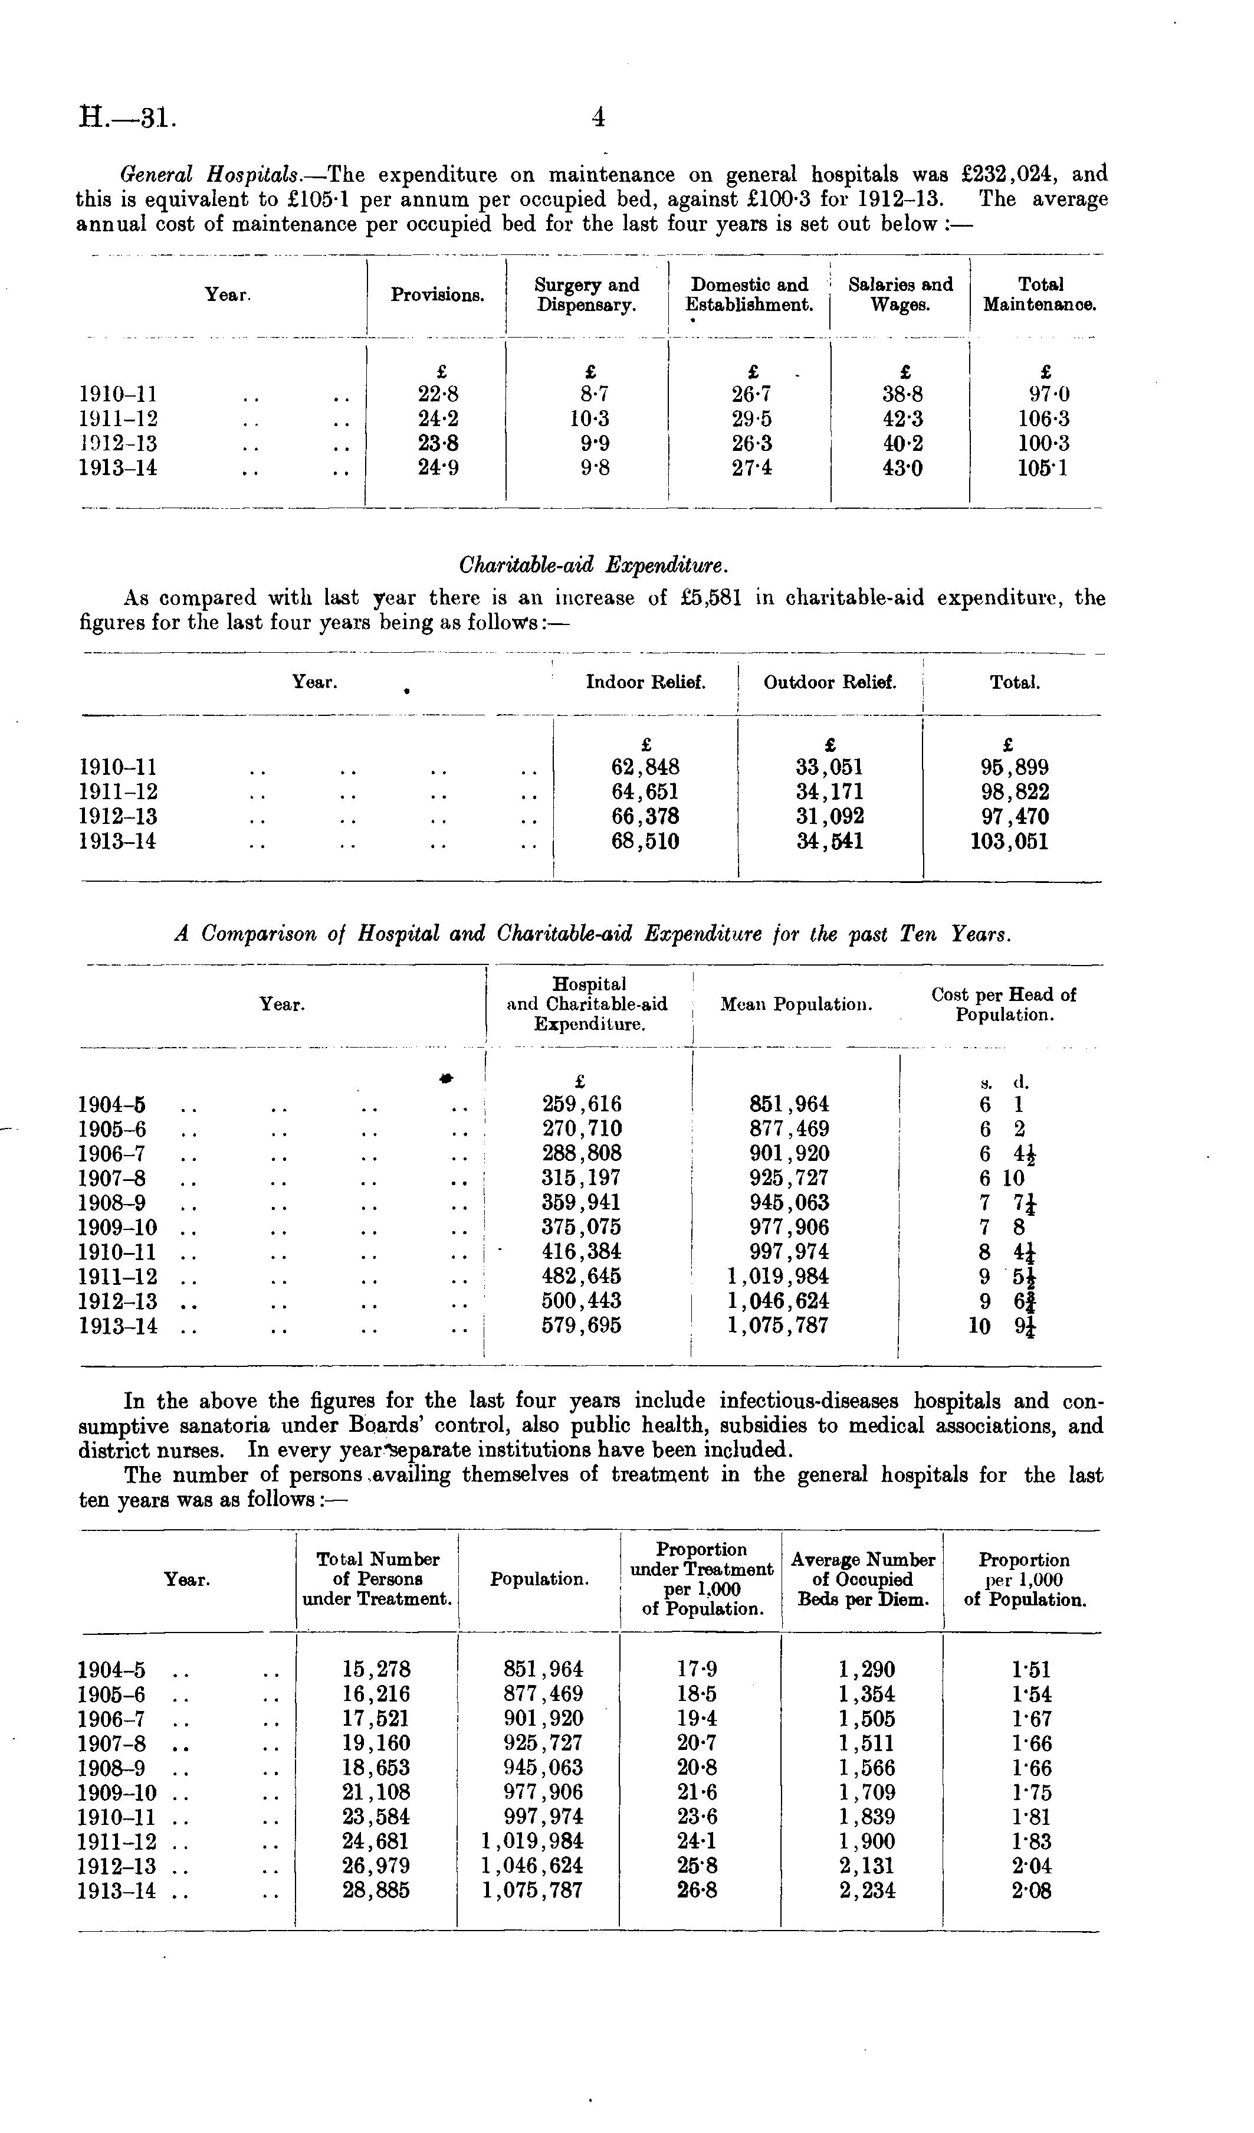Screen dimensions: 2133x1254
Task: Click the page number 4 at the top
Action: pyautogui.click(x=598, y=117)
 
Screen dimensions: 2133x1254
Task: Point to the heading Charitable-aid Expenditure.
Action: pyautogui.click(x=592, y=565)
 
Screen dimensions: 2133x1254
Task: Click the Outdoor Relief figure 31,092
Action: pyautogui.click(x=830, y=817)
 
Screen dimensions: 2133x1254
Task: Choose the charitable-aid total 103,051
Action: pyautogui.click(x=1007, y=842)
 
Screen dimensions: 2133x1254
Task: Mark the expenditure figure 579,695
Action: pyautogui.click(x=582, y=1326)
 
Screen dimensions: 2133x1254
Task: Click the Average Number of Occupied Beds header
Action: pyautogui.click(x=862, y=1579)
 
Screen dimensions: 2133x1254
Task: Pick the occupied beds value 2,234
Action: pyautogui.click(x=866, y=1890)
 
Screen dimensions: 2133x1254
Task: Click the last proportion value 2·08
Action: pyautogui.click(x=1030, y=1890)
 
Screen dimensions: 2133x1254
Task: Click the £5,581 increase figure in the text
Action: pyautogui.click(x=711, y=598)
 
